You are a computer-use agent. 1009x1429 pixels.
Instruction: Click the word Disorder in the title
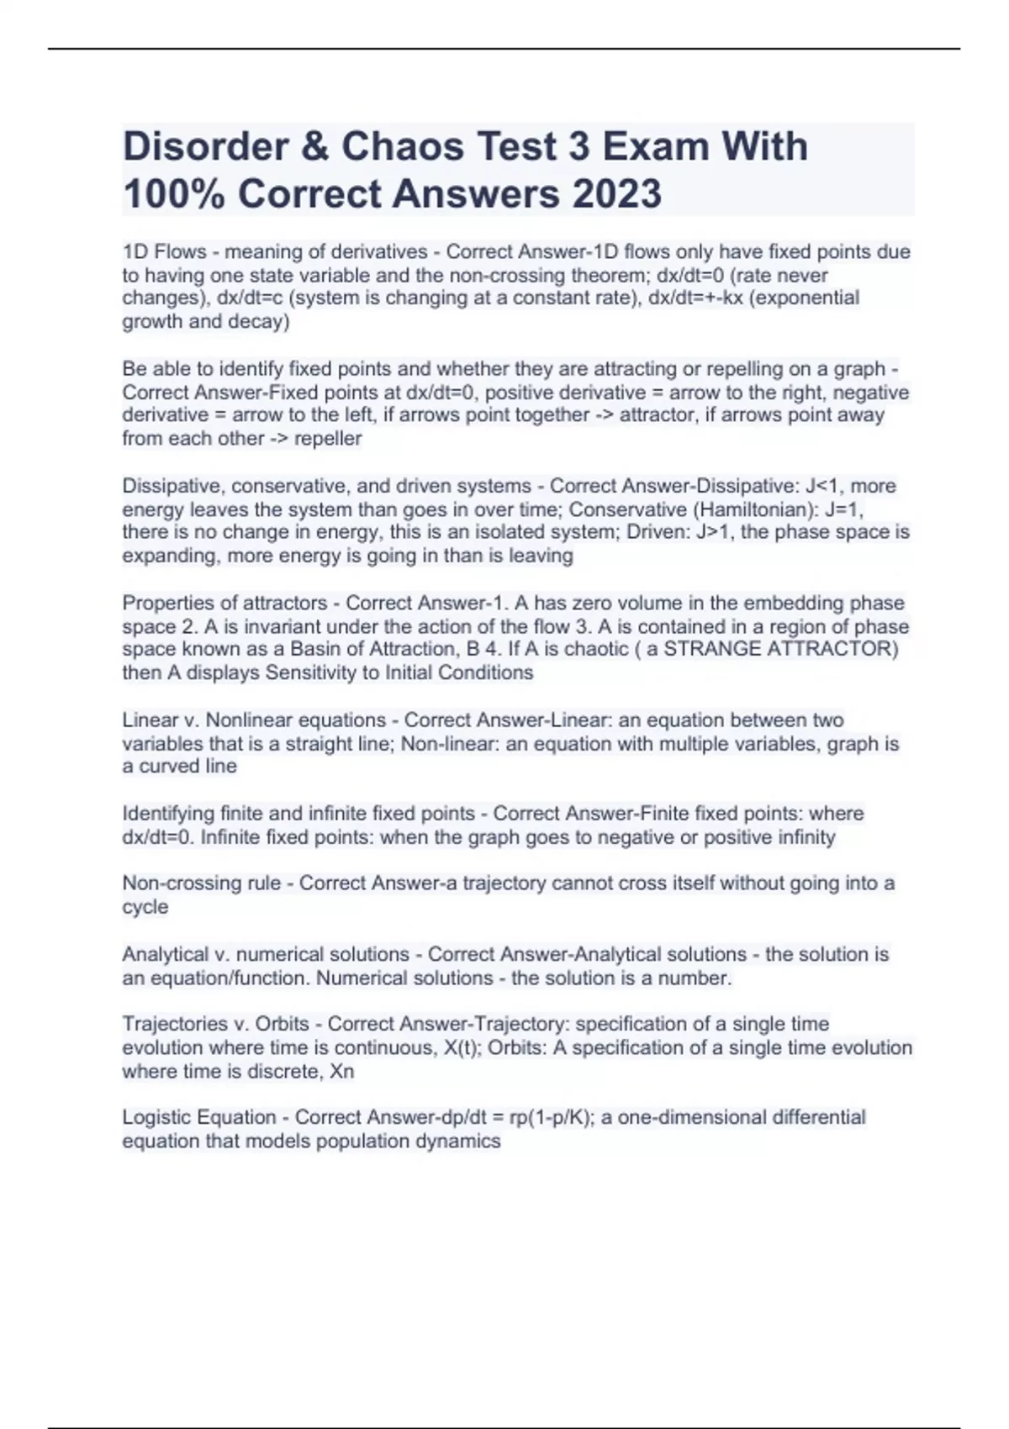[x=207, y=147]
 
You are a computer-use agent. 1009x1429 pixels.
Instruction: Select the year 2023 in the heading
[x=616, y=194]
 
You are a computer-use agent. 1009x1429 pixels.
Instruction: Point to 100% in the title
[x=174, y=194]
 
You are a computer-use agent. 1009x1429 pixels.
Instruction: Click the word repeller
[x=328, y=439]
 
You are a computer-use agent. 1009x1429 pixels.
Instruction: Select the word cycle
[x=145, y=907]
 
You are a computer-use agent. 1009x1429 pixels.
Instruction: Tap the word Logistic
[x=157, y=1118]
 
